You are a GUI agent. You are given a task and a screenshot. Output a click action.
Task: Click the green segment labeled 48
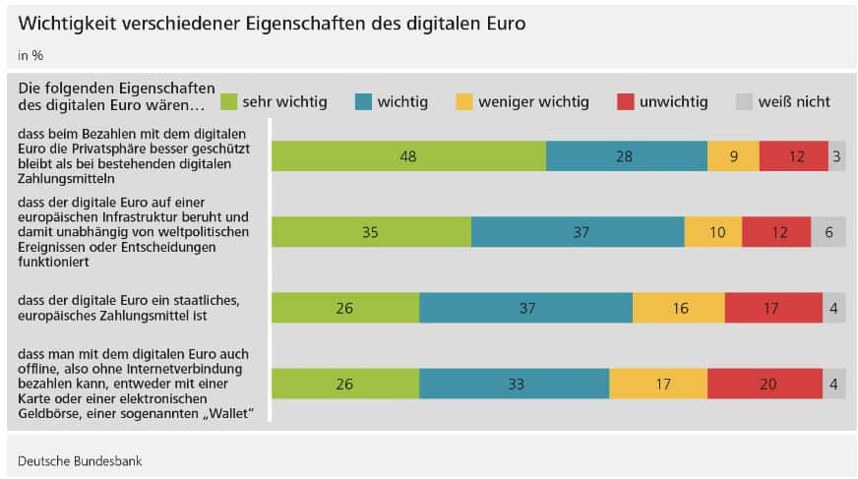408,156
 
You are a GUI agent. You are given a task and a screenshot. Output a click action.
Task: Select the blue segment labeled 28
626,156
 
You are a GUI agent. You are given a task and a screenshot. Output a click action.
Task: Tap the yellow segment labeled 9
733,156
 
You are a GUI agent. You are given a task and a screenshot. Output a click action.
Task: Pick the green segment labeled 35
371,231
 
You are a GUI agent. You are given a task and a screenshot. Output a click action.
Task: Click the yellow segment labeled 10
712,231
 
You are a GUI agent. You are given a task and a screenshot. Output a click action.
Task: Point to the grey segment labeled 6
827,231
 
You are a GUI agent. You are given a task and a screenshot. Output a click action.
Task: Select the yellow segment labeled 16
678,308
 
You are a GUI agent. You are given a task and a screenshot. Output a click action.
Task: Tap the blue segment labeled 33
514,384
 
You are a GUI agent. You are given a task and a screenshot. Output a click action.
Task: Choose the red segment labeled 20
765,384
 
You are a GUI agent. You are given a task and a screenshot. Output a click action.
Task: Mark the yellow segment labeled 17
657,384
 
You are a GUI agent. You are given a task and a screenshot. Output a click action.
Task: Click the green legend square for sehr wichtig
229,101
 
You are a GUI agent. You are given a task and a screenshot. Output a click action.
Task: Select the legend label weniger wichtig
534,101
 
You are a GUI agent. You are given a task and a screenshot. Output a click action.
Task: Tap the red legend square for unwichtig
625,101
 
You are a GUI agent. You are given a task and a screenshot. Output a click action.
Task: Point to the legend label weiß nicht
794,101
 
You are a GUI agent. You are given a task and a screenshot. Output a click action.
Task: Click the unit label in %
31,55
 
